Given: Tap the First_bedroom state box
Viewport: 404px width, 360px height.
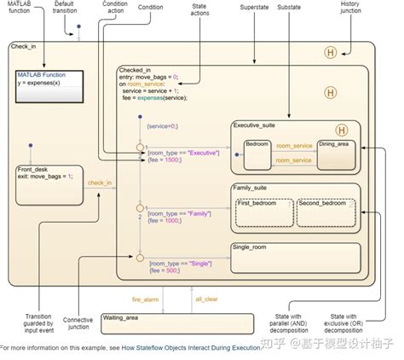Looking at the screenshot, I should coord(262,212).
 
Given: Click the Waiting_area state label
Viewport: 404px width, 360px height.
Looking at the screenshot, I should coord(121,317).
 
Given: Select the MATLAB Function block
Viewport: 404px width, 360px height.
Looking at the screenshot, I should coord(49,84).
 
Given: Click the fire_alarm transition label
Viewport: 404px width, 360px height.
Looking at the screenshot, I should coord(146,299).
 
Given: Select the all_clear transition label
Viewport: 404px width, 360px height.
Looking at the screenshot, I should coord(207,299).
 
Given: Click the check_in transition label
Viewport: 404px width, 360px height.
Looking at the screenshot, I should coord(99,183).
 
